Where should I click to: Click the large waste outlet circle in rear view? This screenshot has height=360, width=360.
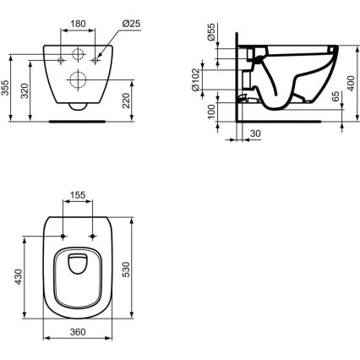click(78, 81)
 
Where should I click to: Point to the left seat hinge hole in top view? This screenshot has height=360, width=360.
click(63, 233)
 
